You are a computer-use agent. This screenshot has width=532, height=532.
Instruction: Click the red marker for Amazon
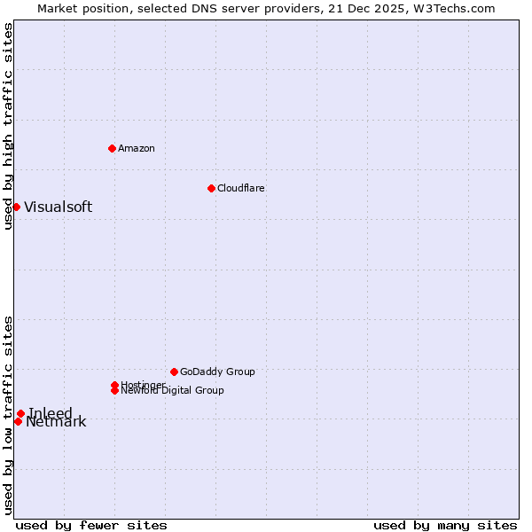point(112,148)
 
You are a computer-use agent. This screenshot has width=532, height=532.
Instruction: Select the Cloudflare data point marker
point(211,188)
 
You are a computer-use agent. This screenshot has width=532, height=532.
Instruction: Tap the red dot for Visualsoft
point(16,207)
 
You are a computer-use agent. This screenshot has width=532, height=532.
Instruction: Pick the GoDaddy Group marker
point(174,372)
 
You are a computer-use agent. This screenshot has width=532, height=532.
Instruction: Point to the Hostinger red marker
point(114,385)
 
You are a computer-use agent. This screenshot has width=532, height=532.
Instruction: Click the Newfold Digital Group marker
point(114,390)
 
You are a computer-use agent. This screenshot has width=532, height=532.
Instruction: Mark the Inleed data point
point(20,413)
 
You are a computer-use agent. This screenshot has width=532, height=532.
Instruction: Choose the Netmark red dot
point(18,421)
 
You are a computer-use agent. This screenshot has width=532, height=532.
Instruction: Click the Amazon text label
point(137,148)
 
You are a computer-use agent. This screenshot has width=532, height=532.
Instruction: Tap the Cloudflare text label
point(241,188)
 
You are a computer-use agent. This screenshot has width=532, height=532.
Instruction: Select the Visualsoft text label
point(58,207)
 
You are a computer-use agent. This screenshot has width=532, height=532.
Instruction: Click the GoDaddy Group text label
point(217,372)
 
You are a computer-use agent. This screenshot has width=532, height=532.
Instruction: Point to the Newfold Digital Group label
point(172,391)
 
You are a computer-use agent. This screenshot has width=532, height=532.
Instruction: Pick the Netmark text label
point(56,422)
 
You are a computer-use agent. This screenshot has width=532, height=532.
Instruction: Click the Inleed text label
point(51,413)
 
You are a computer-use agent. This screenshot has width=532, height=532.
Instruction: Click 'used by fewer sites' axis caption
point(91,525)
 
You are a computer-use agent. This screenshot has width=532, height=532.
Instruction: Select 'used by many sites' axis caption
point(445,525)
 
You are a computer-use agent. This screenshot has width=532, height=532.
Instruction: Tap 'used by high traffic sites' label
point(9,127)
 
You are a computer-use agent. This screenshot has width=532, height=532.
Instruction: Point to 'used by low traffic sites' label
point(9,414)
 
